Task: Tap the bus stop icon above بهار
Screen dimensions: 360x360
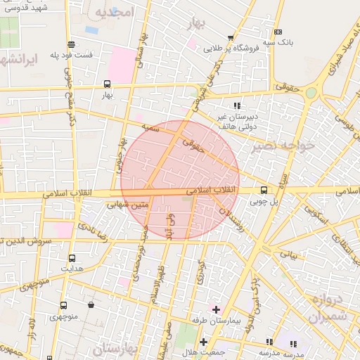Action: tap(107, 83)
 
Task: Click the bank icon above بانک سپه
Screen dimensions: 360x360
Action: tap(278, 32)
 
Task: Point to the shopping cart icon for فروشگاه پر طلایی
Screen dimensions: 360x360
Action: tap(231, 38)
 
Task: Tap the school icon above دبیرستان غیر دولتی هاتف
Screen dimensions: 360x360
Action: tap(236, 105)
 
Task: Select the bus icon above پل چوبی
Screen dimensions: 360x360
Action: tap(264, 189)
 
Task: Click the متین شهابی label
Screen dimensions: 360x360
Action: tap(128, 205)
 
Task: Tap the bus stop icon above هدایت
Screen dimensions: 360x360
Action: tap(72, 258)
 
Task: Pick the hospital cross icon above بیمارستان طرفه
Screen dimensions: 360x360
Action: tap(216, 309)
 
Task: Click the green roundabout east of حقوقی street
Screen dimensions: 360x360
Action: tap(311, 93)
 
